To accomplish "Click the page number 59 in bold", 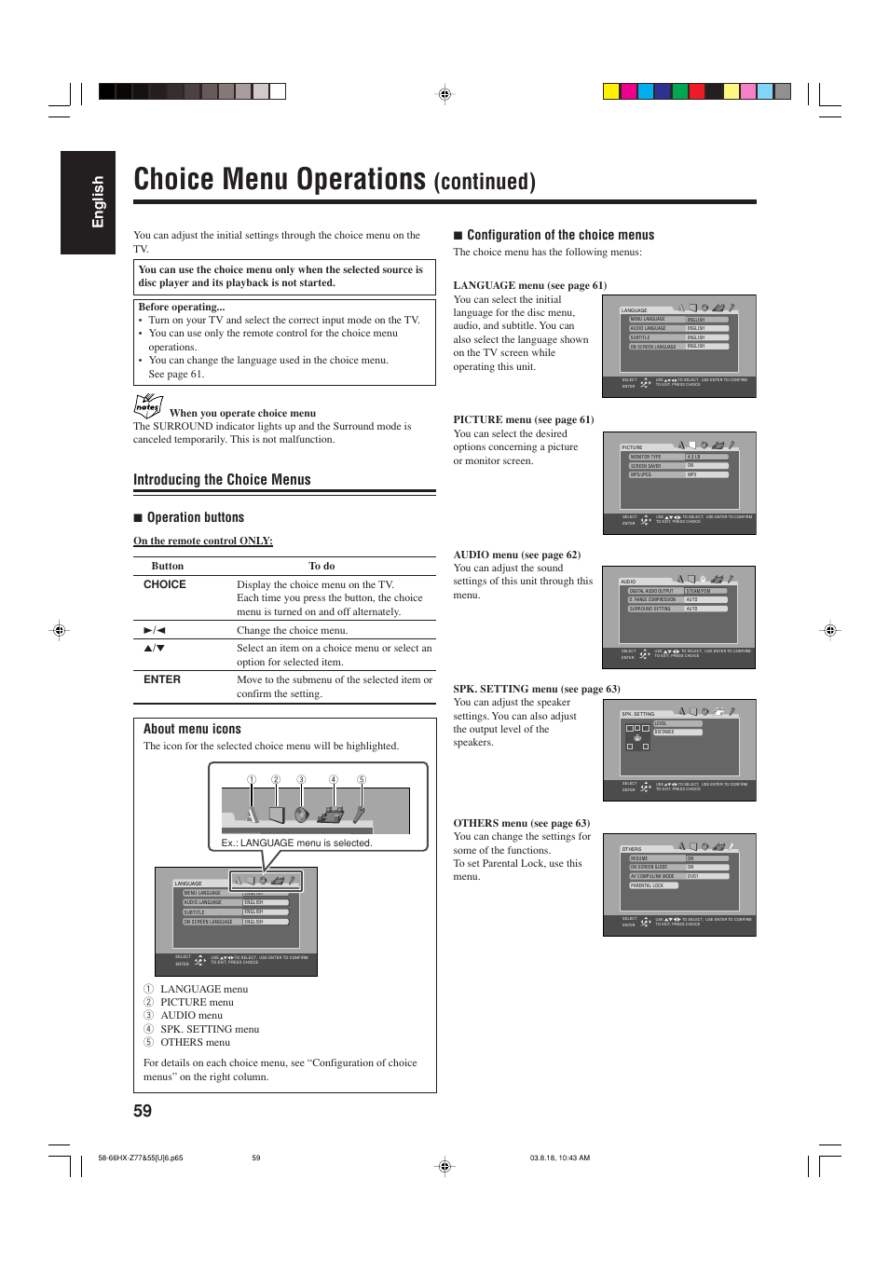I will (143, 1110).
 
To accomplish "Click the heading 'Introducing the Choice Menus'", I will (222, 480).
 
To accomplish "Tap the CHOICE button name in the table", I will (165, 584).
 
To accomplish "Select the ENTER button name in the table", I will (162, 679).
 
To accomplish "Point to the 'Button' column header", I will (168, 566).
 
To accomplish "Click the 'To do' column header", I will (321, 566).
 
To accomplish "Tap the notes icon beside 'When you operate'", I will (147, 405).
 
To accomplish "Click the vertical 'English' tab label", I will (98, 202).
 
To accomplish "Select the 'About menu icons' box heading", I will (192, 729).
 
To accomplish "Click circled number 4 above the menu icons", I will (333, 780).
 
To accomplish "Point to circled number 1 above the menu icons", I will (251, 780).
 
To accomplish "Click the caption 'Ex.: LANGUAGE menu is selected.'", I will (296, 843).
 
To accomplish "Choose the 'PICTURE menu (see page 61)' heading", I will (523, 419).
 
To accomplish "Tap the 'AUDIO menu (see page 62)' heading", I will (516, 555).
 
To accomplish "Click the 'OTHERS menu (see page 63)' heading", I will (521, 823).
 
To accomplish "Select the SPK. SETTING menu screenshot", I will (678, 750).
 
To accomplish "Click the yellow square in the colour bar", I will (610, 91).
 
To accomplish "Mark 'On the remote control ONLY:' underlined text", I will (203, 541).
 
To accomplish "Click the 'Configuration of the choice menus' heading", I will (560, 235).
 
